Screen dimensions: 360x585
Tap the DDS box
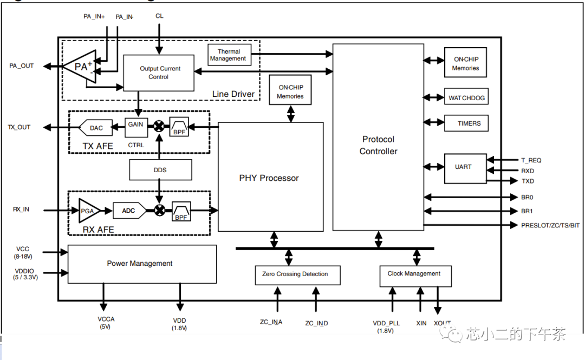(x=160, y=170)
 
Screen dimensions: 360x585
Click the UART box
(x=463, y=167)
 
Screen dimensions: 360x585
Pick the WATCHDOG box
(x=466, y=98)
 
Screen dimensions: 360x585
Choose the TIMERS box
(x=466, y=123)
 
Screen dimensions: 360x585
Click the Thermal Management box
(x=228, y=55)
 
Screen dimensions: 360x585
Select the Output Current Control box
(x=159, y=73)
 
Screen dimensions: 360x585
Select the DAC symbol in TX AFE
(x=96, y=128)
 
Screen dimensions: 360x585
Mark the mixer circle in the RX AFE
(x=160, y=210)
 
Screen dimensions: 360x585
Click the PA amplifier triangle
(x=80, y=67)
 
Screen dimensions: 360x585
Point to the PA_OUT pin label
(x=22, y=66)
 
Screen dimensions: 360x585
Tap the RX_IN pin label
(x=21, y=210)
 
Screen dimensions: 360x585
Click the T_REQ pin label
(x=531, y=160)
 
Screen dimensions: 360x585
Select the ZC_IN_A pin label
(x=271, y=323)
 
